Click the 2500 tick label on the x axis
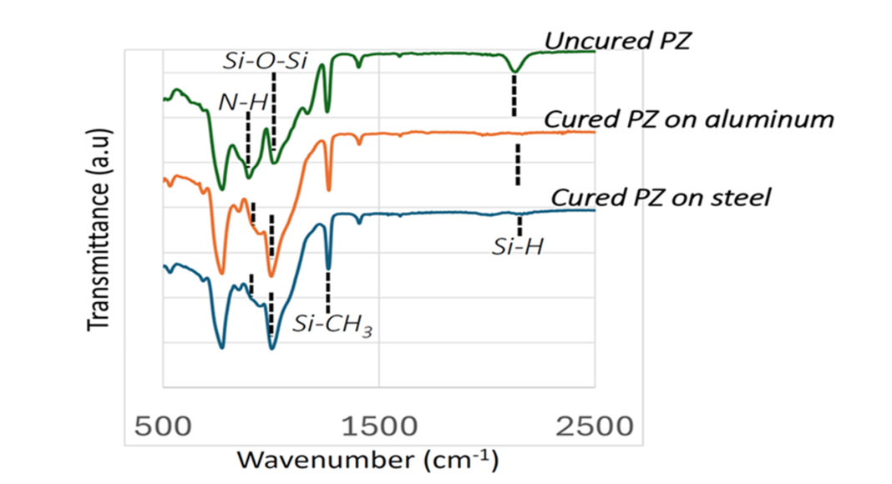coord(595,426)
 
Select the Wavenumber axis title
coord(367,459)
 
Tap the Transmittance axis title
coord(100,242)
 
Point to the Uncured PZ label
coord(617,40)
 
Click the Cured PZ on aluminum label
coord(688,119)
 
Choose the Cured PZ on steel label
coord(661,198)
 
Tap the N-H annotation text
coord(243,103)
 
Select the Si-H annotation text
coord(518,246)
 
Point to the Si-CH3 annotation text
coord(332,324)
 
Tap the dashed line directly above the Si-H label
coord(519,225)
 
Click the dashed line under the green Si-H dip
coord(514,95)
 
